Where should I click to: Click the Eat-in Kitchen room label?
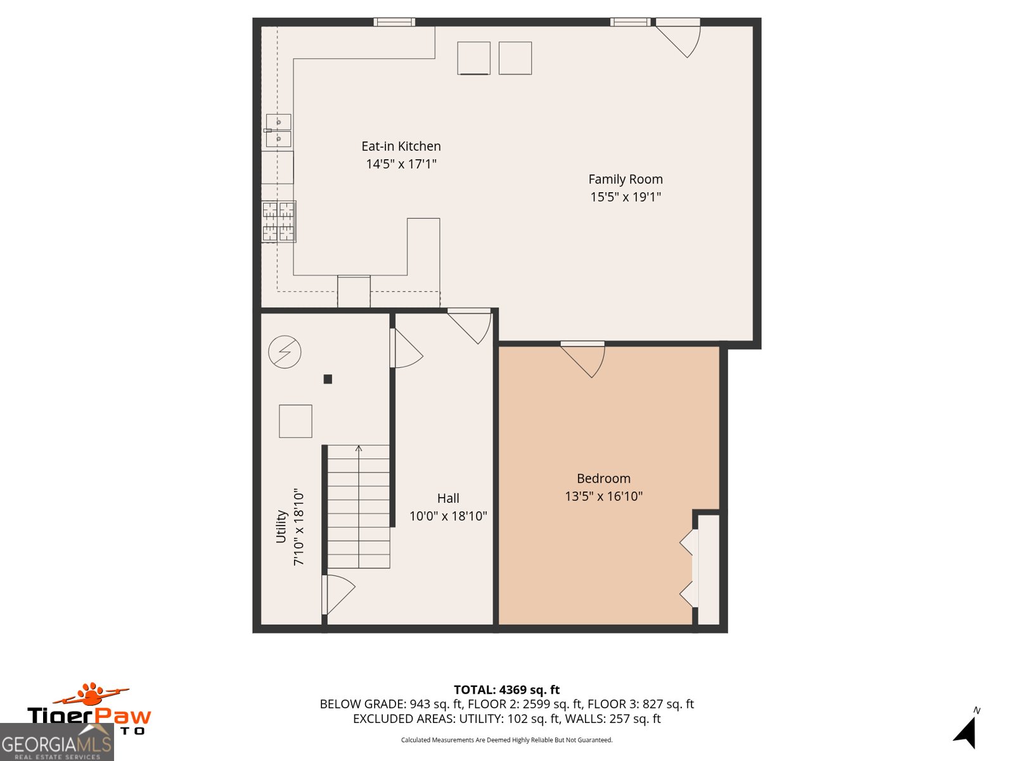[x=401, y=146]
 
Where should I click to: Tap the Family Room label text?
[x=626, y=179]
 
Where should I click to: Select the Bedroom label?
[x=603, y=479]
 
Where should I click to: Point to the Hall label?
[x=448, y=498]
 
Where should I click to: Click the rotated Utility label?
[x=281, y=526]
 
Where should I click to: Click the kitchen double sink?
[x=278, y=130]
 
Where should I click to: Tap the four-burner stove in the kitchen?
[x=279, y=221]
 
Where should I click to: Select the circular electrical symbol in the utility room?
[x=285, y=352]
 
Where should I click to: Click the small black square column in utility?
[x=328, y=379]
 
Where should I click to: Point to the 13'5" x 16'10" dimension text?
[x=603, y=497]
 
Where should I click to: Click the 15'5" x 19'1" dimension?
[x=626, y=197]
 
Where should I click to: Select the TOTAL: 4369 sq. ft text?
[x=506, y=690]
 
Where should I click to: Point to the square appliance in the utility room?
[x=295, y=421]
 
